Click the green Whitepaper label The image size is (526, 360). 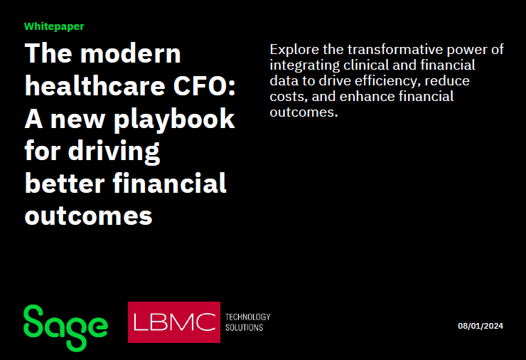[x=54, y=26]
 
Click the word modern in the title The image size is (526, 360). [x=131, y=53]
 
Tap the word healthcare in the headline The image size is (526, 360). [x=95, y=86]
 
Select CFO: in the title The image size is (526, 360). [x=204, y=86]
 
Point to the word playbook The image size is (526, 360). [x=174, y=120]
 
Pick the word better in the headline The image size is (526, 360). [x=65, y=184]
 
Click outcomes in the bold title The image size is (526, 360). [x=89, y=216]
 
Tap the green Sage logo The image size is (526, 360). [x=65, y=327]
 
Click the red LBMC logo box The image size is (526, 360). [x=174, y=322]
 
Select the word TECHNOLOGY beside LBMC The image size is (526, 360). [x=248, y=317]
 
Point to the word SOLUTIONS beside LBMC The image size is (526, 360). [x=245, y=327]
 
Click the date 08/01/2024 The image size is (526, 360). [x=481, y=326]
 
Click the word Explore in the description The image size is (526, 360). [x=294, y=50]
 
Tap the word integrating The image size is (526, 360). [x=305, y=66]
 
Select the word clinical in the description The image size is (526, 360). [x=366, y=65]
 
